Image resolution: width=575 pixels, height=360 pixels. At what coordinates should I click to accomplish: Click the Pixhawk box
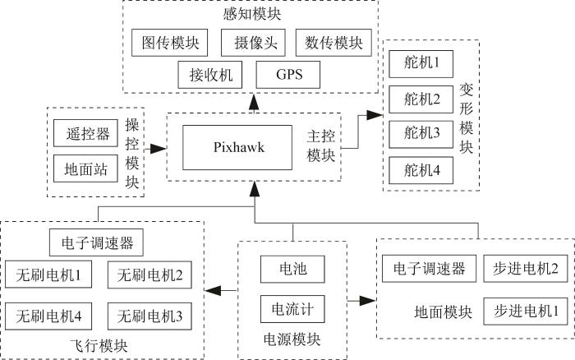pos(237,147)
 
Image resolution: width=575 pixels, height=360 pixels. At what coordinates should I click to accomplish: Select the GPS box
pos(287,75)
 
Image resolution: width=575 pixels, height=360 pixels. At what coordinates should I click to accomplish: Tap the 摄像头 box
pos(253,43)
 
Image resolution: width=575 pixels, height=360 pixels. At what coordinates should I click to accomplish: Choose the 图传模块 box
pos(169,43)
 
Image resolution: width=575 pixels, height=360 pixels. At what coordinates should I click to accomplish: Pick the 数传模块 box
pos(333,43)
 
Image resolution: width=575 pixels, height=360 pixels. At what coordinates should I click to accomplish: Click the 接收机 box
pos(210,75)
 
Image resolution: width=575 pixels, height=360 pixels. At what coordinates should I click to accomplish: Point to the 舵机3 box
pos(421,134)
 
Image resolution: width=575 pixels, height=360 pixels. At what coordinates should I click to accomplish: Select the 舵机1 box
pos(421,64)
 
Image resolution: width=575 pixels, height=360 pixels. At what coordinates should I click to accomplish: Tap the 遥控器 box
pos(85,133)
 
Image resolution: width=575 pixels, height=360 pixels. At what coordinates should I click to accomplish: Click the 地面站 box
pos(85,168)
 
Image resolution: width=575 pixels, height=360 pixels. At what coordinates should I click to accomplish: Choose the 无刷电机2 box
pos(149,275)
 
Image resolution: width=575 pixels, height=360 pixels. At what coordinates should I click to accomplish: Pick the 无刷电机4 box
pos(48,316)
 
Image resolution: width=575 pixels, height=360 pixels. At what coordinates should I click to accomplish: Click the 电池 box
pos(292,269)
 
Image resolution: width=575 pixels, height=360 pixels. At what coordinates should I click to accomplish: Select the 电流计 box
pos(292,309)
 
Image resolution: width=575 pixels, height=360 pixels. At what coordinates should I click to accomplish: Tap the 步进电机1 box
pos(526,312)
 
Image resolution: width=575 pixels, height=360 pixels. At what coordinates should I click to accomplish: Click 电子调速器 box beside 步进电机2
pos(429,269)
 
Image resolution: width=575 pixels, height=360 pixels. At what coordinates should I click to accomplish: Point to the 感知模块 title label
pos(252,14)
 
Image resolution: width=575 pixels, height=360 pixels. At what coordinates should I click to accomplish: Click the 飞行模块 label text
pos(99,346)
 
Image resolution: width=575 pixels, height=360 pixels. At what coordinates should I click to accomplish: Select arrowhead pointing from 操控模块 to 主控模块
pos(158,149)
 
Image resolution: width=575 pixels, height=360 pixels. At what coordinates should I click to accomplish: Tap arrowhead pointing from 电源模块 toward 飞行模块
pos(214,291)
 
